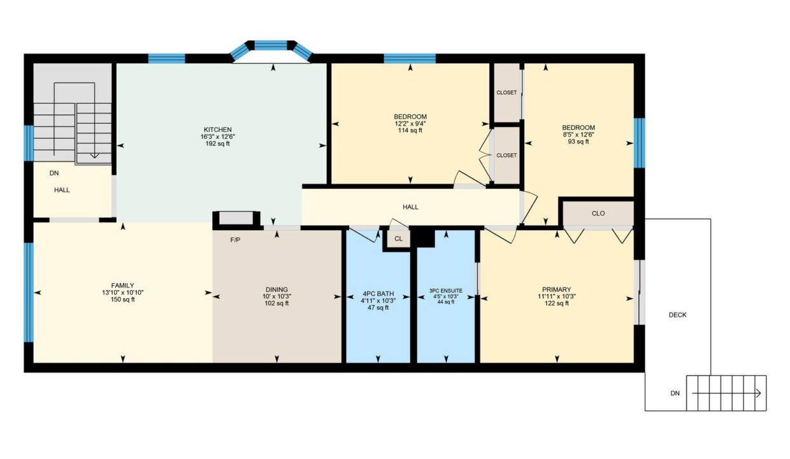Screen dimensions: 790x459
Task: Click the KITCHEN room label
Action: pyautogui.click(x=218, y=129)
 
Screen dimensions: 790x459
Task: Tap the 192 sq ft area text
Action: pyautogui.click(x=218, y=143)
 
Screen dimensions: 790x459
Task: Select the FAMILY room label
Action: pyautogui.click(x=123, y=286)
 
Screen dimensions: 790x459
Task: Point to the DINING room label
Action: pyautogui.click(x=277, y=289)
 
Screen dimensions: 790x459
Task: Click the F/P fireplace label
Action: pyautogui.click(x=235, y=240)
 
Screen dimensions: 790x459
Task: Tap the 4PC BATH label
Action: pyautogui.click(x=378, y=293)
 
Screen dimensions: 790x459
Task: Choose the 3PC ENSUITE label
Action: pyautogui.click(x=446, y=291)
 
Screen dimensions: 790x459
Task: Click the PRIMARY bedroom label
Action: pyautogui.click(x=557, y=289)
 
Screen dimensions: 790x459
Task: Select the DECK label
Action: pyautogui.click(x=677, y=315)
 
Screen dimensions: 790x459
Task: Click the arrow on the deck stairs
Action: pyautogui.click(x=726, y=393)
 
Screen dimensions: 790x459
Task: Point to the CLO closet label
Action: pyautogui.click(x=598, y=213)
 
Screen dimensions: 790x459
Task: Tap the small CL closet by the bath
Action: pyautogui.click(x=398, y=239)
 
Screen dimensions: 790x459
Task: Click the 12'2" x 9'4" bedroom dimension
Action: pyautogui.click(x=410, y=124)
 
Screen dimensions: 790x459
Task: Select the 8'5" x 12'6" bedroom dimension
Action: pyautogui.click(x=578, y=135)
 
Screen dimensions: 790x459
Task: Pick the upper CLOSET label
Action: pyautogui.click(x=506, y=92)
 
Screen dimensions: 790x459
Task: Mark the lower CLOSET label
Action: pyautogui.click(x=506, y=156)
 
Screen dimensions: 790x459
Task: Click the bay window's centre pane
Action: pyautogui.click(x=271, y=45)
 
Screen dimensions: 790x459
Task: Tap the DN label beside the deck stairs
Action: pyautogui.click(x=675, y=393)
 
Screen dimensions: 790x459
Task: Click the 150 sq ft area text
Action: pyautogui.click(x=123, y=300)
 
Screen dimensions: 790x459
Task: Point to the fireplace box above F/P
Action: pyautogui.click(x=236, y=218)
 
